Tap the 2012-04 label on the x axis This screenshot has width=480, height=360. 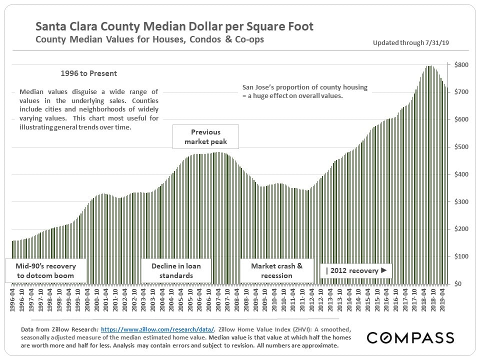(x=311, y=298)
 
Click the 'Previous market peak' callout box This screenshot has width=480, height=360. (x=205, y=137)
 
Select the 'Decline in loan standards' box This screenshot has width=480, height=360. (x=176, y=270)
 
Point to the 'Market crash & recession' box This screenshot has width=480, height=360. (x=276, y=270)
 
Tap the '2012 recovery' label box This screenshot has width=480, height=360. (x=356, y=270)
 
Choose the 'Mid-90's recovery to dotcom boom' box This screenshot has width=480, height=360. (x=46, y=270)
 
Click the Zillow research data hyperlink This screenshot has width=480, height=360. (x=157, y=330)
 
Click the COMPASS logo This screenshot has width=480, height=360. (x=410, y=337)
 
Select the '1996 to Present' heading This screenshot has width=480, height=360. (x=88, y=73)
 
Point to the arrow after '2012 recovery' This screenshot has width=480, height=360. (x=384, y=270)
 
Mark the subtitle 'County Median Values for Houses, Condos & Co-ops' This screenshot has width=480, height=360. (x=149, y=39)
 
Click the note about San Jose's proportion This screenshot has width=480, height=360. (x=304, y=90)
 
